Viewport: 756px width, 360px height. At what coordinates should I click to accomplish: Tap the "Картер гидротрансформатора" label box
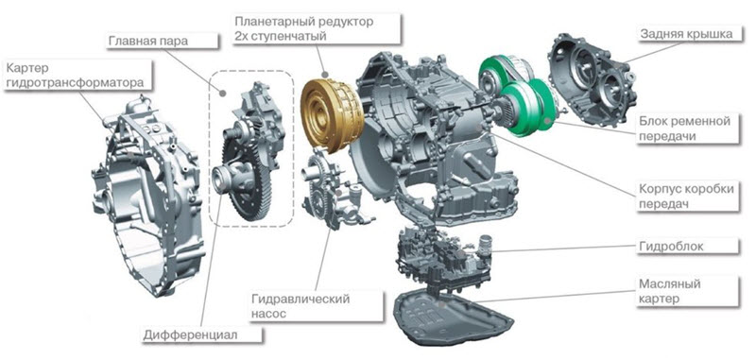point(77,75)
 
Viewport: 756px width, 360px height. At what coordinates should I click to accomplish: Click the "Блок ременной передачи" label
point(688,129)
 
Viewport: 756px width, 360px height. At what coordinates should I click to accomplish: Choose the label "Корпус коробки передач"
point(688,196)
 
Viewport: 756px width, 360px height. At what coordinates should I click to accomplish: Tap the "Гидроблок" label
point(688,246)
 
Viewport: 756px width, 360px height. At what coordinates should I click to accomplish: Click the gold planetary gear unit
point(332,113)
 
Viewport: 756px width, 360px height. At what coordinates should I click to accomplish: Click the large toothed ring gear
point(248,179)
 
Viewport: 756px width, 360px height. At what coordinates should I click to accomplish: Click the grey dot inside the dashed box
point(222,92)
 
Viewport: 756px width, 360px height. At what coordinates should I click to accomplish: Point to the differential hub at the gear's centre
point(226,178)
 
